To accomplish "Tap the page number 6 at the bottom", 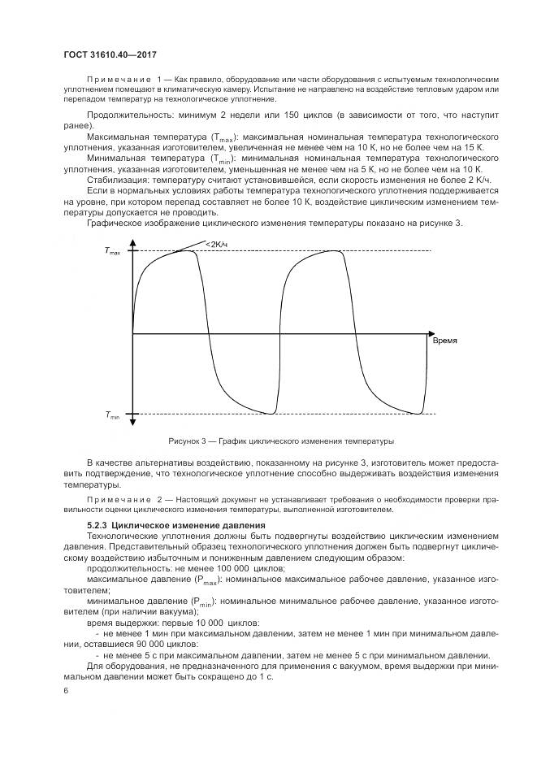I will point(67,690).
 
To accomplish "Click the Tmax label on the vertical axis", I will point(111,253).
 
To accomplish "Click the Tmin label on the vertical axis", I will point(111,415).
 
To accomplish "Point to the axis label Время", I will point(444,341).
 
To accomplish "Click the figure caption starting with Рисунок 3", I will point(281,441).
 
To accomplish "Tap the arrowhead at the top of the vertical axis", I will point(131,242).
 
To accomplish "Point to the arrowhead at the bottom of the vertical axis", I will point(131,420).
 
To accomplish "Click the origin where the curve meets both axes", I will point(132,332).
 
